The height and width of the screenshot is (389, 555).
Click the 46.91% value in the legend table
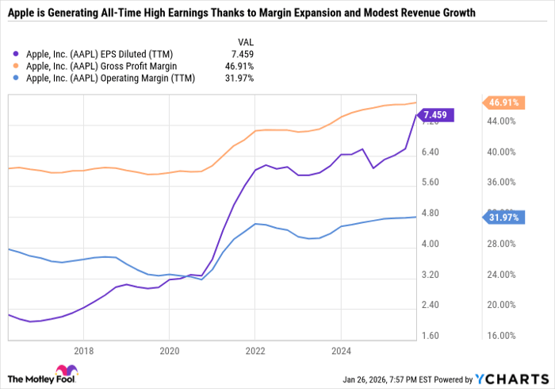[242, 67]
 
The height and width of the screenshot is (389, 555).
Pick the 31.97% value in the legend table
[242, 79]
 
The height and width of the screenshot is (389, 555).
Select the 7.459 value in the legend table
[246, 54]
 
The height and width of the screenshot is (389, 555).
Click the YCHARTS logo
[509, 377]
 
